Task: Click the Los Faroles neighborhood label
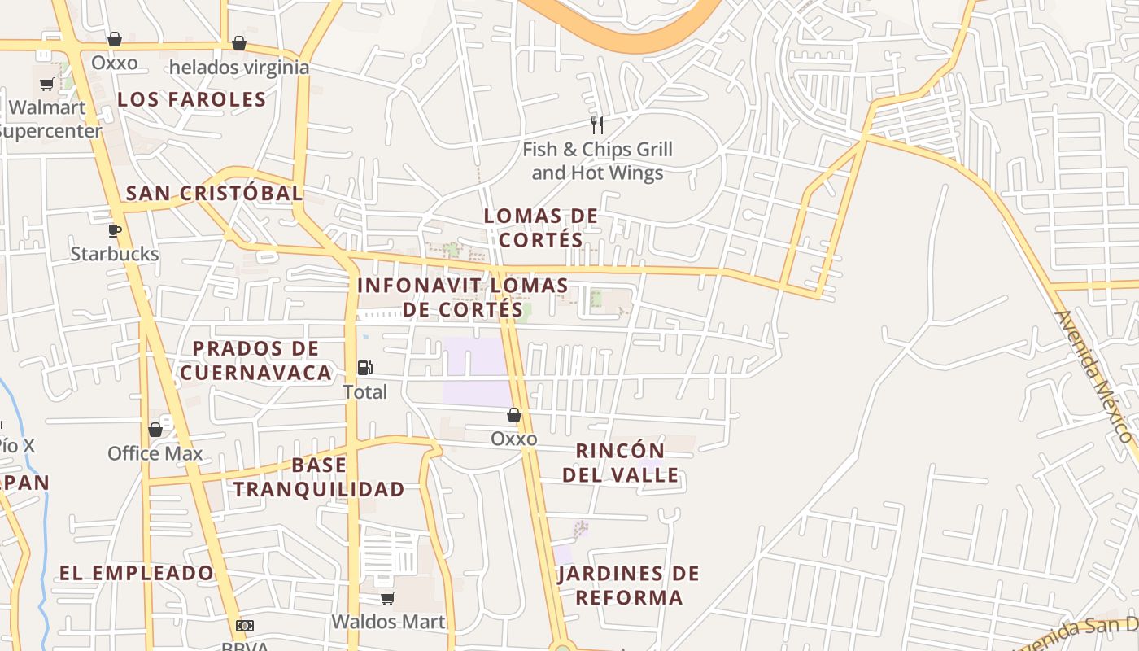192,99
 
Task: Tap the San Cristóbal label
214,194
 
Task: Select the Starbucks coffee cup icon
115,230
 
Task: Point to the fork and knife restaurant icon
597,125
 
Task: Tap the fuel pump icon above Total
365,368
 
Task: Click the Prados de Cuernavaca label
255,360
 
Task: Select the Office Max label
155,453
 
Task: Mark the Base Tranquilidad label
319,477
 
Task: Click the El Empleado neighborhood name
136,573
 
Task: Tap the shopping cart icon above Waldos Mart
388,599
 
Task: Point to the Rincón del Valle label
620,462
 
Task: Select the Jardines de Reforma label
629,585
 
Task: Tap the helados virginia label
239,68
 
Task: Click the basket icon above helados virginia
239,42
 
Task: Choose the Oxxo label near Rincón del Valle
514,439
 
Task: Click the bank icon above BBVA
245,626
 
